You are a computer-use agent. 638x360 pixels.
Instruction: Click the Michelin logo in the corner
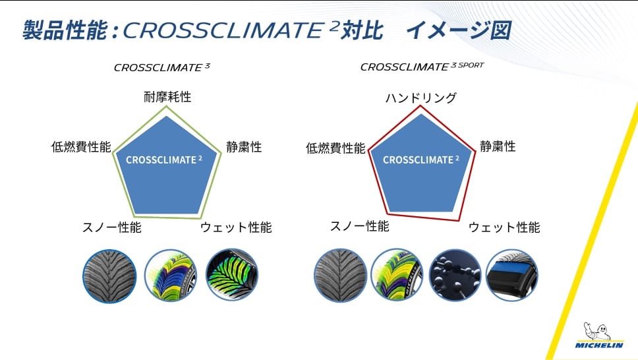coord(599,336)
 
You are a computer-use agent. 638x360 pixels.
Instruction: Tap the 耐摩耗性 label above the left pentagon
coord(167,97)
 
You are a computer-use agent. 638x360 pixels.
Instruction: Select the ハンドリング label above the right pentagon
coord(420,98)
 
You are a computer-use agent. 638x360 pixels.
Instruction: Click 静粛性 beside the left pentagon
coord(244,146)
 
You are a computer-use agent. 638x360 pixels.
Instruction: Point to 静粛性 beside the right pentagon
coord(498,146)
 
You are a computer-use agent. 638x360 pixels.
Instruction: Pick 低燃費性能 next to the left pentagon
coord(81,146)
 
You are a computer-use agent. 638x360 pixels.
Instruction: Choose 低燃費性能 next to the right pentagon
coord(335,148)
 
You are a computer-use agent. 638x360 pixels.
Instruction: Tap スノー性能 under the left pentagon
coord(112,227)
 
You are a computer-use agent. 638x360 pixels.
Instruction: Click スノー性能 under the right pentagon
coord(360,226)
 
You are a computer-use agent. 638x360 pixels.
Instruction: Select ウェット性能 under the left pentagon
coord(236,227)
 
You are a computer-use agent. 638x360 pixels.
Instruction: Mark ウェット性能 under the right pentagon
coord(504,227)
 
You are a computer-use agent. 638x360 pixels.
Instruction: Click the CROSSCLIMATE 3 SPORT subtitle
coord(422,67)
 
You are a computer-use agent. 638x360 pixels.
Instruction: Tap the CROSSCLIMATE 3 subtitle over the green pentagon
coord(162,67)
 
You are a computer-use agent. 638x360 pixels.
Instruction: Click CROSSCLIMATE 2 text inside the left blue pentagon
coord(164,160)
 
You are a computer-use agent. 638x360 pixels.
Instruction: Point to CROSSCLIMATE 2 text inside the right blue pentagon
coord(420,160)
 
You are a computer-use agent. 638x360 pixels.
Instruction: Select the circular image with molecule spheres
coord(455,276)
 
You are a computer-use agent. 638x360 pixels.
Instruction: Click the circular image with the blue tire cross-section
coord(512,276)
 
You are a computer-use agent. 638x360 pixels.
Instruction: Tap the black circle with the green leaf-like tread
coord(231,275)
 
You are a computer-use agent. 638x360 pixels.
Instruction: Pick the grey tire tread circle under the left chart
coord(109,276)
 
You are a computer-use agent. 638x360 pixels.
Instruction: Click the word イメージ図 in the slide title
coord(459,30)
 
